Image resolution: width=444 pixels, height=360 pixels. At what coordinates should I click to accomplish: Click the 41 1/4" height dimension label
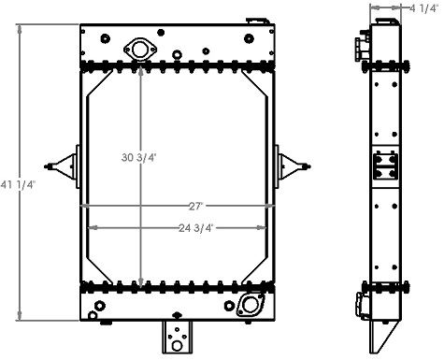[x=18, y=184]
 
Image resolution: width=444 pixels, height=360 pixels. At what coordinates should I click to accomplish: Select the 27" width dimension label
[x=194, y=206]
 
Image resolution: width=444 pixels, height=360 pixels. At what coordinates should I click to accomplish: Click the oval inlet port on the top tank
[x=140, y=49]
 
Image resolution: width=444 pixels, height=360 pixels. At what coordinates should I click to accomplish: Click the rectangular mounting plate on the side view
[x=384, y=168]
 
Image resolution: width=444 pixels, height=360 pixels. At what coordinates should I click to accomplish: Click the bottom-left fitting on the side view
[x=360, y=303]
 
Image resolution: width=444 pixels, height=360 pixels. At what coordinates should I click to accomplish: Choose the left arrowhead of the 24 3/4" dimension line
[x=91, y=228]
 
